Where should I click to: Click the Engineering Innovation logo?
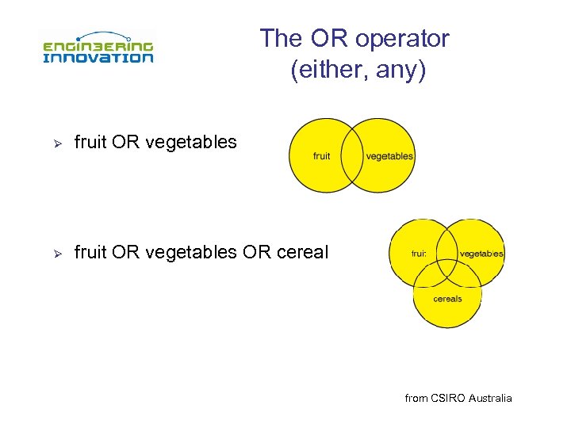tap(98, 48)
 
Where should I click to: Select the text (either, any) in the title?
tap(358, 71)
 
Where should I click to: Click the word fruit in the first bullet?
tap(90, 143)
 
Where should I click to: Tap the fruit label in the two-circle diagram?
tap(321, 156)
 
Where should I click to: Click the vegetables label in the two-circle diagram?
tap(389, 156)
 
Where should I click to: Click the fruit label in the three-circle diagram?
tap(418, 254)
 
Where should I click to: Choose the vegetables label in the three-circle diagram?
tap(481, 254)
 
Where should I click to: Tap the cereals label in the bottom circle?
tap(447, 299)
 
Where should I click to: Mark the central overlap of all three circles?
tap(447, 269)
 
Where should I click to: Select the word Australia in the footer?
tap(490, 398)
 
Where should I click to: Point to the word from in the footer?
tap(416, 398)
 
